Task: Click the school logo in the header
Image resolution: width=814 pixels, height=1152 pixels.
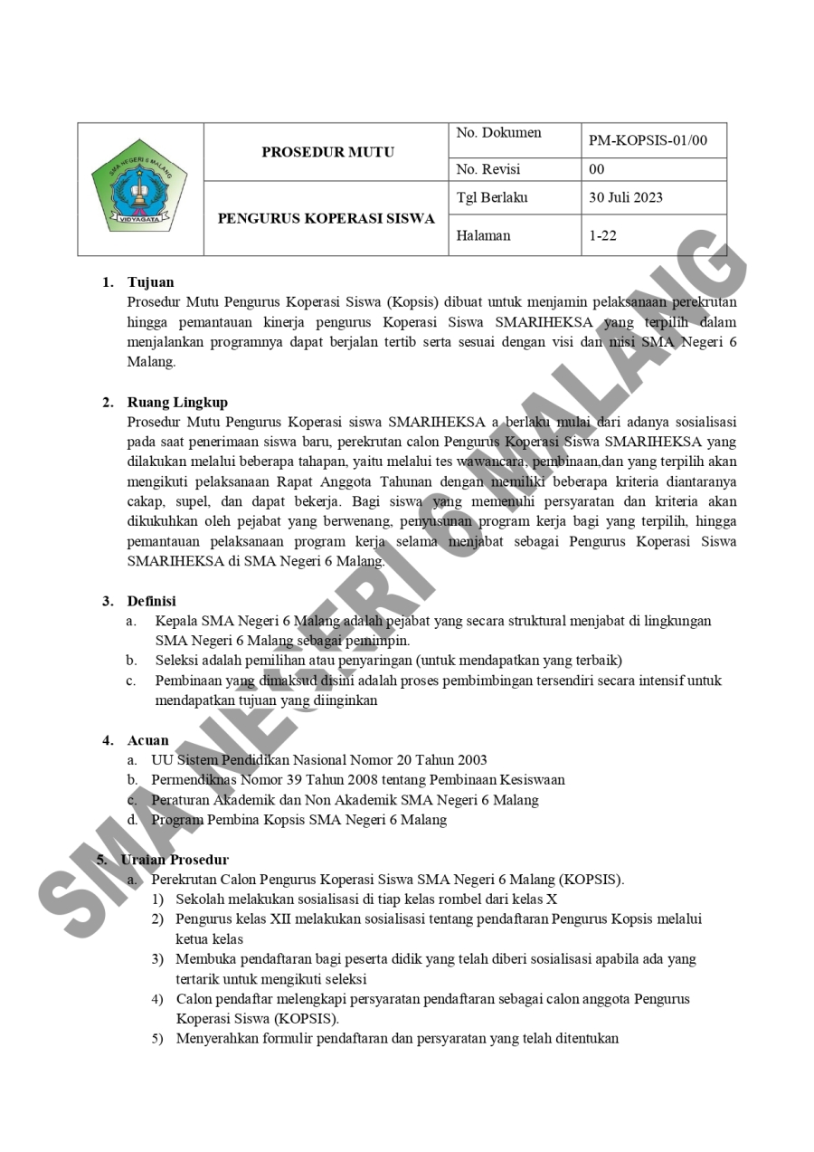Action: click(140, 187)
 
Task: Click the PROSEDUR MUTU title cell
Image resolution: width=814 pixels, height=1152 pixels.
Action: click(327, 152)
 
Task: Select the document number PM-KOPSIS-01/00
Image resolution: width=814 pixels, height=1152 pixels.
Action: click(648, 140)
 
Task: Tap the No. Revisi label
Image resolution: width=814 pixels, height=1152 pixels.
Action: click(488, 169)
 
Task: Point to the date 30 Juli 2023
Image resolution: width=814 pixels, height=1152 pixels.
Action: click(626, 197)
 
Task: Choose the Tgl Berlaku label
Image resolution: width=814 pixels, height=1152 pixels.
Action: click(492, 197)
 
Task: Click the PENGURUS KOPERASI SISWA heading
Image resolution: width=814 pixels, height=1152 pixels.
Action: click(327, 218)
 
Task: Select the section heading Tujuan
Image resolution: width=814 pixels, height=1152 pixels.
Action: click(150, 282)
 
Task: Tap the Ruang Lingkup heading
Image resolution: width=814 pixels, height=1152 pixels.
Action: click(177, 402)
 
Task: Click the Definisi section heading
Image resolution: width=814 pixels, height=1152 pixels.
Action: click(151, 601)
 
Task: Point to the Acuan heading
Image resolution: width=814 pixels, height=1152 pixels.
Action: click(147, 740)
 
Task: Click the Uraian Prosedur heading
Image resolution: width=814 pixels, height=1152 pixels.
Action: click(175, 860)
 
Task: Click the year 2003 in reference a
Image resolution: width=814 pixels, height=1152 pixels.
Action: click(472, 760)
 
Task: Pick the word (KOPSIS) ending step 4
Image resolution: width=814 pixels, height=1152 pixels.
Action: click(307, 1019)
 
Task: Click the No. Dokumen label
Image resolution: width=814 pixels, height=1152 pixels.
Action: click(498, 133)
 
